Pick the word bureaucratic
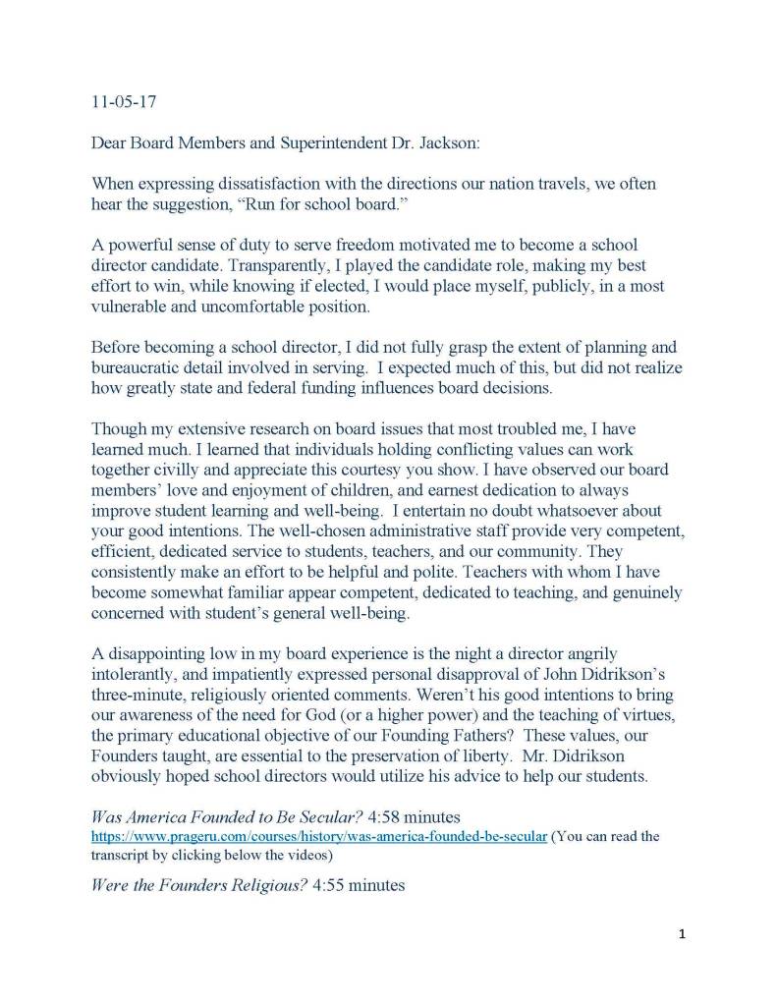[140, 367]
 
